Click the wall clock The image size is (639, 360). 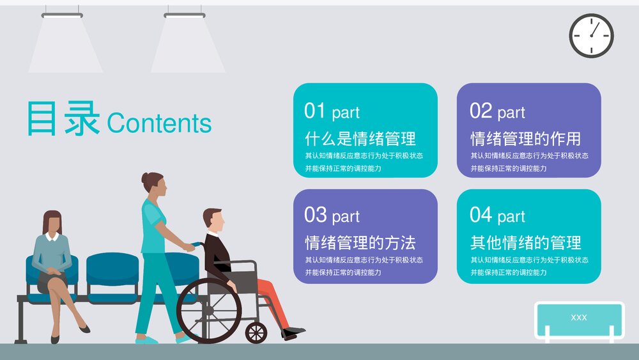click(591, 36)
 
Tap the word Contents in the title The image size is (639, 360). click(159, 123)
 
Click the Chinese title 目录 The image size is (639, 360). click(63, 118)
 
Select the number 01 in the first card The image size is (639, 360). click(315, 111)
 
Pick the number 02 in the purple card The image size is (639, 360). click(481, 111)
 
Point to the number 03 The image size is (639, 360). click(315, 215)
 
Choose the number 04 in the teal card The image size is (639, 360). click(481, 215)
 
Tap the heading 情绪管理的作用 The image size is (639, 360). click(525, 138)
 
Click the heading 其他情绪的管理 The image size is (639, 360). click(525, 243)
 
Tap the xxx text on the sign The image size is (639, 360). click(579, 318)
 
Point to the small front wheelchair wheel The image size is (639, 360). click(256, 333)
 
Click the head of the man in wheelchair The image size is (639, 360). click(214, 221)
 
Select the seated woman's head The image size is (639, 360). click(52, 223)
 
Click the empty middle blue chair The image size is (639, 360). click(112, 272)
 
